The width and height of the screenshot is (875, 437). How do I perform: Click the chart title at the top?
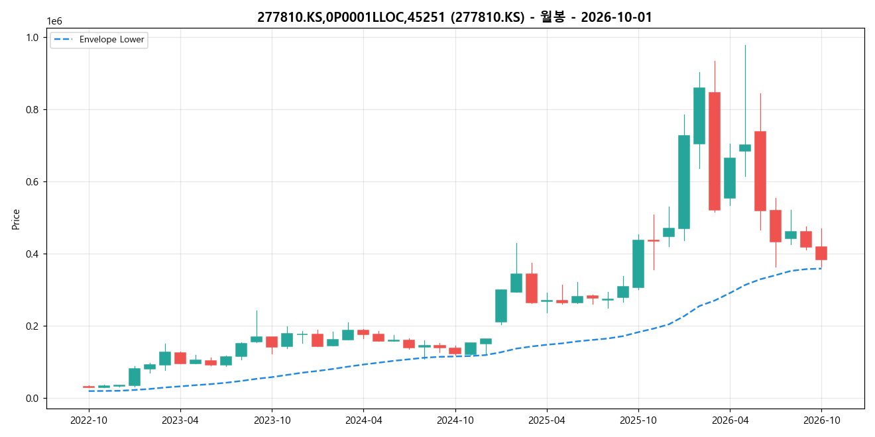click(x=455, y=17)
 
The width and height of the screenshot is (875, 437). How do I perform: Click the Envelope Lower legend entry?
click(x=99, y=40)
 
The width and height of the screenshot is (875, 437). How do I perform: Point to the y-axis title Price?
click(x=16, y=219)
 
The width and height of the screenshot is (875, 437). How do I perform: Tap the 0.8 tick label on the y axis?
click(x=32, y=110)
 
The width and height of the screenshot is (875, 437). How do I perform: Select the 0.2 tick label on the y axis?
click(x=32, y=326)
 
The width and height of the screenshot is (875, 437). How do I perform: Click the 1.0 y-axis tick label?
click(x=32, y=38)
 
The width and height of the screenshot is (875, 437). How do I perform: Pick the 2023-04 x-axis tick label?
click(x=180, y=420)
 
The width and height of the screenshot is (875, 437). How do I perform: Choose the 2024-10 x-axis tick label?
click(x=455, y=420)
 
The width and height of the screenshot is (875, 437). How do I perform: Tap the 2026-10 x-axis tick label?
click(x=821, y=420)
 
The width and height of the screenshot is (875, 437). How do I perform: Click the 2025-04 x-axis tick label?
click(x=547, y=420)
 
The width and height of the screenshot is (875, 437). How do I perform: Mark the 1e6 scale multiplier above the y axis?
click(x=54, y=21)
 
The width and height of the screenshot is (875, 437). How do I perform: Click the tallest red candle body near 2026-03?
click(x=715, y=152)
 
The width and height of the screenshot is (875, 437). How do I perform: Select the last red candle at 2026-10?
click(x=821, y=253)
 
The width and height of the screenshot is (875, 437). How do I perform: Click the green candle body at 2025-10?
click(x=638, y=264)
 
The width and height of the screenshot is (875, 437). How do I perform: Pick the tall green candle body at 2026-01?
click(x=684, y=182)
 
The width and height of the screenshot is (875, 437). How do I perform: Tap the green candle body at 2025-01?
click(x=501, y=306)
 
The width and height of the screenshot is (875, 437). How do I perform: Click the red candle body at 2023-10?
click(x=272, y=342)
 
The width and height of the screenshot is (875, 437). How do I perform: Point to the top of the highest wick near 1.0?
click(x=745, y=45)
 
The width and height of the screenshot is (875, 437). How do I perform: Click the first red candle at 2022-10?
click(x=89, y=387)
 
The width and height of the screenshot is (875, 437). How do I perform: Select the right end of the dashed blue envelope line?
click(x=821, y=268)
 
